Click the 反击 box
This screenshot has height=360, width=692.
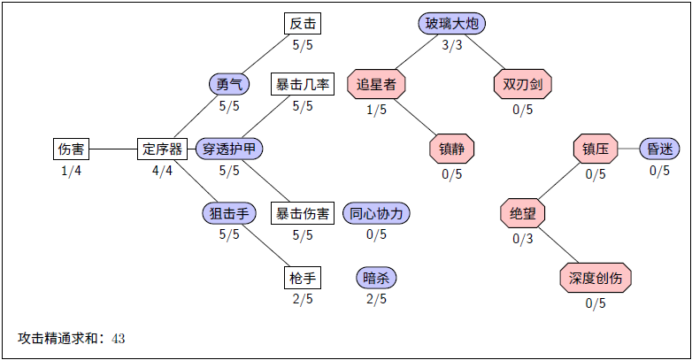coord(303,24)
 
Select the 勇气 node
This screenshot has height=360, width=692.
coord(229,84)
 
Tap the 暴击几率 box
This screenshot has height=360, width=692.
coord(303,84)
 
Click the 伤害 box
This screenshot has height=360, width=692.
coord(71,149)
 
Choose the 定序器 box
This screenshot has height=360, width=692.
coord(162,149)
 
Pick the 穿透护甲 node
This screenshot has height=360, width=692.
coord(229,149)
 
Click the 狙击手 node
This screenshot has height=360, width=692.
coord(229,213)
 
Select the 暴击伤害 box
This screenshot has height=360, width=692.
coord(303,213)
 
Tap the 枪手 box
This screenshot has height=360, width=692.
coord(303,278)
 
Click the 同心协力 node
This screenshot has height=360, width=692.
coord(376,213)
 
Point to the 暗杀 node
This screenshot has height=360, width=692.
coord(376,278)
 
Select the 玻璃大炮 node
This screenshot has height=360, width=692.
coord(452,24)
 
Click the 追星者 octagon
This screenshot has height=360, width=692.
coord(376,84)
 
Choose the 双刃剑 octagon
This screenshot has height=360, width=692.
coord(522,84)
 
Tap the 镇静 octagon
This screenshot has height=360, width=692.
coord(452,149)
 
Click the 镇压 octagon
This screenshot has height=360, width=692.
coord(596,149)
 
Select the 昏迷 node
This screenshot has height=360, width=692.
coord(659,149)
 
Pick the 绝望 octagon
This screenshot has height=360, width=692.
coord(522,213)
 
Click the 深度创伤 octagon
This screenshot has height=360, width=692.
coord(596,278)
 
